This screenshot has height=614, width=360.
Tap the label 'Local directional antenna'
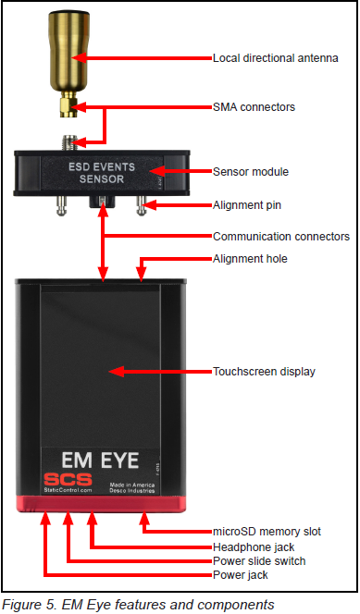[275, 58]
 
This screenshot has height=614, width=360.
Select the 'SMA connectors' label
[254, 107]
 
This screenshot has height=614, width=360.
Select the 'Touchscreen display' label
[264, 372]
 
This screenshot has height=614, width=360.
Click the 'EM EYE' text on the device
[101, 460]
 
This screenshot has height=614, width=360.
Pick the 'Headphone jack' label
[254, 547]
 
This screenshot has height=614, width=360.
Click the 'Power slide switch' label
[259, 561]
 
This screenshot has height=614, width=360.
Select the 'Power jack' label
[242, 575]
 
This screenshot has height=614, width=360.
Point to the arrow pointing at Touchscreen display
[157, 372]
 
